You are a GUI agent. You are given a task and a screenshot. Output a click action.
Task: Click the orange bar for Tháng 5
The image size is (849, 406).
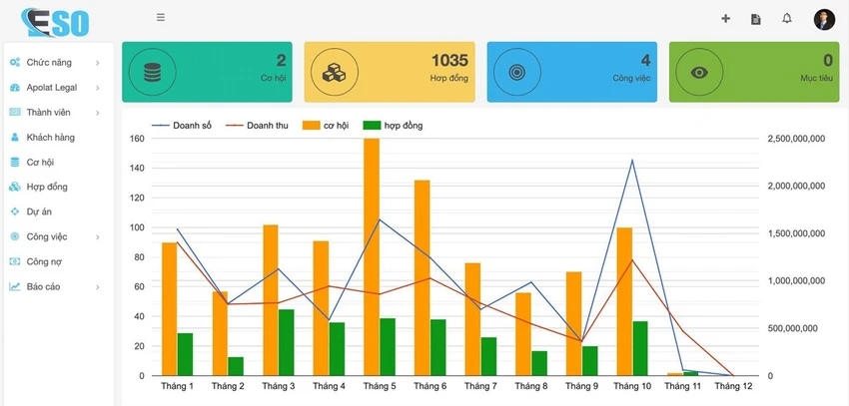click(x=372, y=256)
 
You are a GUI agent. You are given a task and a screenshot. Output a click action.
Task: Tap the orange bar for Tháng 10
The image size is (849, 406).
click(x=624, y=301)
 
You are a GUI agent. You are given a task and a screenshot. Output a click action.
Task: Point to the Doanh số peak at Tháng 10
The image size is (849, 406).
click(x=632, y=160)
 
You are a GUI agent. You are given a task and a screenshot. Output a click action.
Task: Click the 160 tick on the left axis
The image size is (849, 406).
click(x=138, y=139)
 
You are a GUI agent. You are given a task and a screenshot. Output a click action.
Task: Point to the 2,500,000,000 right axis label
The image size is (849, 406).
click(x=796, y=139)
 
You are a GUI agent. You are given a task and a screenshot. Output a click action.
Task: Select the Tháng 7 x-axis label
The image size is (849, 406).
click(x=480, y=386)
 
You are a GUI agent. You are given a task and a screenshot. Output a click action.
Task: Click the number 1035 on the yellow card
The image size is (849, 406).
click(x=449, y=60)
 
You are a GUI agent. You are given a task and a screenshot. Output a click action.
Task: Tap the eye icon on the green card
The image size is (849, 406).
click(x=699, y=72)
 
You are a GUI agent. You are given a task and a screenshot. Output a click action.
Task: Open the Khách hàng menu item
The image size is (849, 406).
click(x=50, y=138)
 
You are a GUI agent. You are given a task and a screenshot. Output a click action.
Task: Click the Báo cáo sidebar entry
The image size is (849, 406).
click(x=43, y=286)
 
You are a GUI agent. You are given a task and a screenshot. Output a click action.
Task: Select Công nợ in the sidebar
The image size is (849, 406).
click(x=44, y=261)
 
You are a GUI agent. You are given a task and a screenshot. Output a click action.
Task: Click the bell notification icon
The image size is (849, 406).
click(x=787, y=18)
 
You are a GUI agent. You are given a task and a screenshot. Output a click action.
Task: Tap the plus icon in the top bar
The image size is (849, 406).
click(x=725, y=19)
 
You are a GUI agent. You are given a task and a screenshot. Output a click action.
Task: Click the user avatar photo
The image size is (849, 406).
click(x=824, y=20)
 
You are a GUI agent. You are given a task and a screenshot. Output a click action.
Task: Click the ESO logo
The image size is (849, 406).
click(x=55, y=23)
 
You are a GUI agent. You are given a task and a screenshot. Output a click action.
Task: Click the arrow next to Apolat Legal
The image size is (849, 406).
click(x=98, y=88)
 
